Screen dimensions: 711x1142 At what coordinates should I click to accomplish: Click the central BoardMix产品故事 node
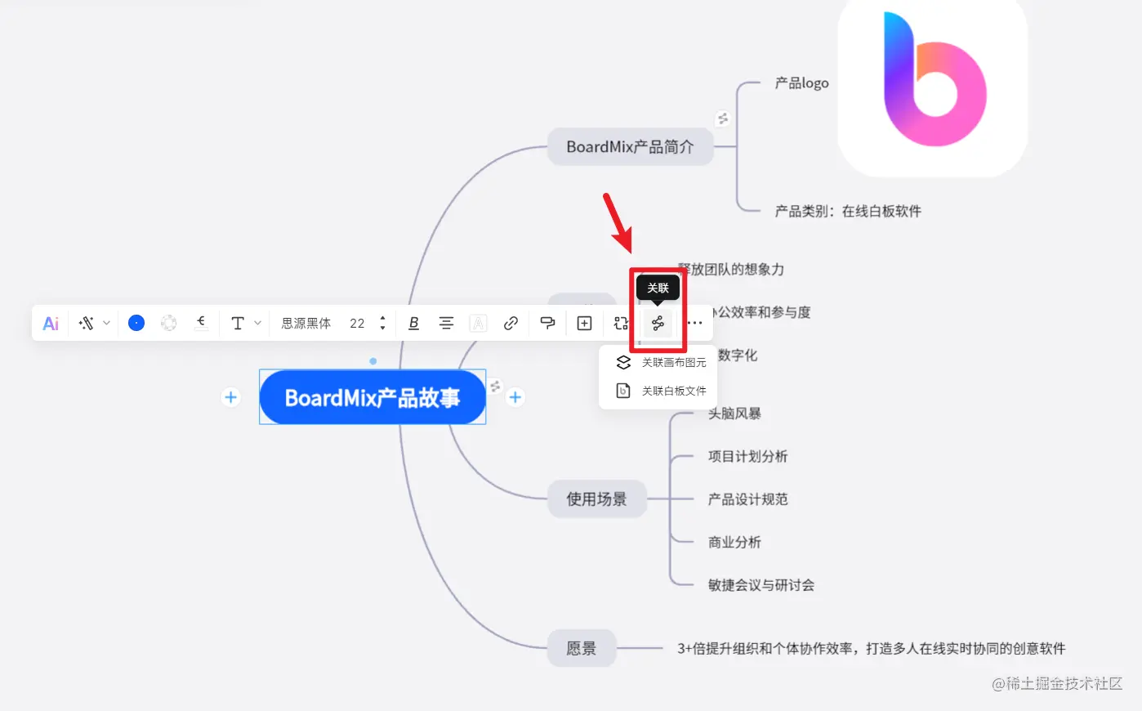click(x=372, y=398)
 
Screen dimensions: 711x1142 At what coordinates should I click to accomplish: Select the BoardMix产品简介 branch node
click(x=630, y=147)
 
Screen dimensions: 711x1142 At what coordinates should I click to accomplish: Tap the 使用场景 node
click(x=596, y=499)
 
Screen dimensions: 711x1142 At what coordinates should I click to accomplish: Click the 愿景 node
click(x=581, y=649)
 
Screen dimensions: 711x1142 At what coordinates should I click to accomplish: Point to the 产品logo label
click(x=801, y=83)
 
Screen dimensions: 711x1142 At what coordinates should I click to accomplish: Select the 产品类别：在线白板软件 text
click(x=848, y=212)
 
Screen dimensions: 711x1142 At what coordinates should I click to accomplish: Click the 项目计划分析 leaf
click(x=747, y=457)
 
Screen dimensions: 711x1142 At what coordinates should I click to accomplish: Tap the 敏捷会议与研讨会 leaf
click(x=761, y=585)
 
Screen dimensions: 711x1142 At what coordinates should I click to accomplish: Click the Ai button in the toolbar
click(x=51, y=324)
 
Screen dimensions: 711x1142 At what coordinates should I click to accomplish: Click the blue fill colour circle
click(x=136, y=324)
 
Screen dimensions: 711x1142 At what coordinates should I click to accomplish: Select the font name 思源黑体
click(x=306, y=324)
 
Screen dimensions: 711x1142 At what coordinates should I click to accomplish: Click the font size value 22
click(x=357, y=324)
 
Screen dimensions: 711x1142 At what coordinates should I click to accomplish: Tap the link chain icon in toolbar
click(x=511, y=324)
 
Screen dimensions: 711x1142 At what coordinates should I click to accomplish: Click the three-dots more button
click(x=694, y=324)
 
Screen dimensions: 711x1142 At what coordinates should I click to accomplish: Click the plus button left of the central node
click(x=231, y=397)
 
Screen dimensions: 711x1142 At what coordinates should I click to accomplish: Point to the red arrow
click(x=618, y=221)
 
